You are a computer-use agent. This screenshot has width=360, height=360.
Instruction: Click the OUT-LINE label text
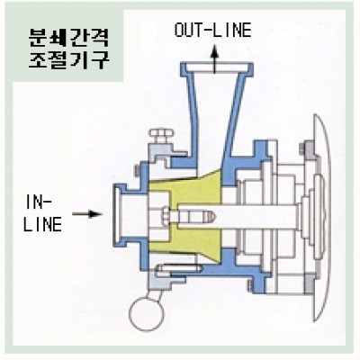212,30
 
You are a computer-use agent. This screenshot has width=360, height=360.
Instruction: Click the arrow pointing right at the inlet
87,214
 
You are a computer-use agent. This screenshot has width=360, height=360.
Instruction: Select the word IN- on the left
39,202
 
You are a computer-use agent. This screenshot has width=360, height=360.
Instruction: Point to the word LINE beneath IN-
42,224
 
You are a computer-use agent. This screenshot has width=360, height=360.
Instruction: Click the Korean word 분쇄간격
68,38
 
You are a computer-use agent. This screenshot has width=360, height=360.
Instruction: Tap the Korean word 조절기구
68,60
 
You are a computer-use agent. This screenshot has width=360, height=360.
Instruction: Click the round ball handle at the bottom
147,313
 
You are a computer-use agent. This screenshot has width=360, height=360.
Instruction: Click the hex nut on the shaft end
166,216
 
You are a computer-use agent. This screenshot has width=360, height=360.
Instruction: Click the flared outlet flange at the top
217,69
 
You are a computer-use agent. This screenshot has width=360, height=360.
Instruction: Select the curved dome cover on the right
323,217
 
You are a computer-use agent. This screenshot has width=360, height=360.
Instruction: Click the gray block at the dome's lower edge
309,283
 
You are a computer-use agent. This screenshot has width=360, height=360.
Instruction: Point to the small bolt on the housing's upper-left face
137,171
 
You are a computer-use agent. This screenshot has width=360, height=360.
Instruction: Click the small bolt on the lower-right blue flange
250,285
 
